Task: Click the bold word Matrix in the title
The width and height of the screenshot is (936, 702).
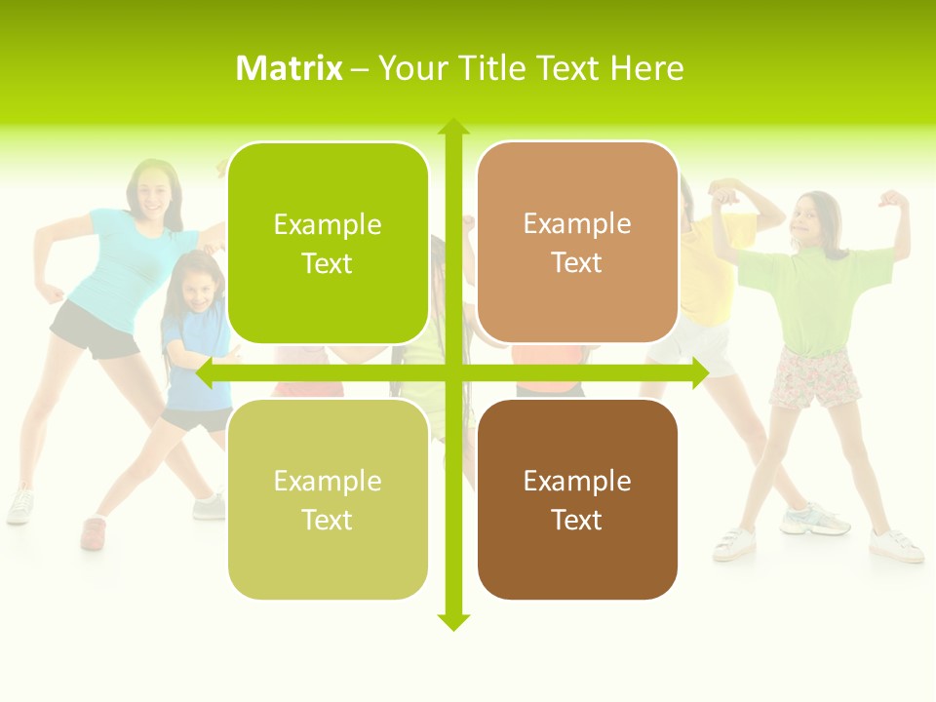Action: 289,68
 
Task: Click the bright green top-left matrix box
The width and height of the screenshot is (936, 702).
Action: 328,243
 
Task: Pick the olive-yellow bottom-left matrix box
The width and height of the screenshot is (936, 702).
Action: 328,499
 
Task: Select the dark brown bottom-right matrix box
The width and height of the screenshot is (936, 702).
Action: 577,499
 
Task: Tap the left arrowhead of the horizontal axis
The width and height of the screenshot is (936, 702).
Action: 205,372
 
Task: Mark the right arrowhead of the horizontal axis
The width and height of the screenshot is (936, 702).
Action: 700,372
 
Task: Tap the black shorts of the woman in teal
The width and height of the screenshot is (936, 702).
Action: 94,331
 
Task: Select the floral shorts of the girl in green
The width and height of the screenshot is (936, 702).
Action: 815,377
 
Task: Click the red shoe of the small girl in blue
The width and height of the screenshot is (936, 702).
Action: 93,532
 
